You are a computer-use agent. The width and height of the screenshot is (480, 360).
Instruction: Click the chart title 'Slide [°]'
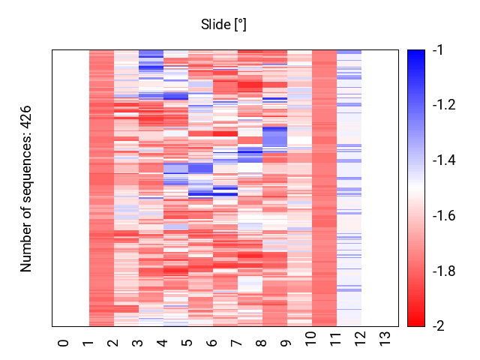pyautogui.click(x=223, y=25)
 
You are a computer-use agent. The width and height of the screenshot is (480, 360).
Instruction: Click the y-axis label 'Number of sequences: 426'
pyautogui.click(x=26, y=187)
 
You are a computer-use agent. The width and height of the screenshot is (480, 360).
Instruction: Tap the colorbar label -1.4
pyautogui.click(x=444, y=160)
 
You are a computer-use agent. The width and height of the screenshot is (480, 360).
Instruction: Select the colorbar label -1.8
pyautogui.click(x=444, y=271)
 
